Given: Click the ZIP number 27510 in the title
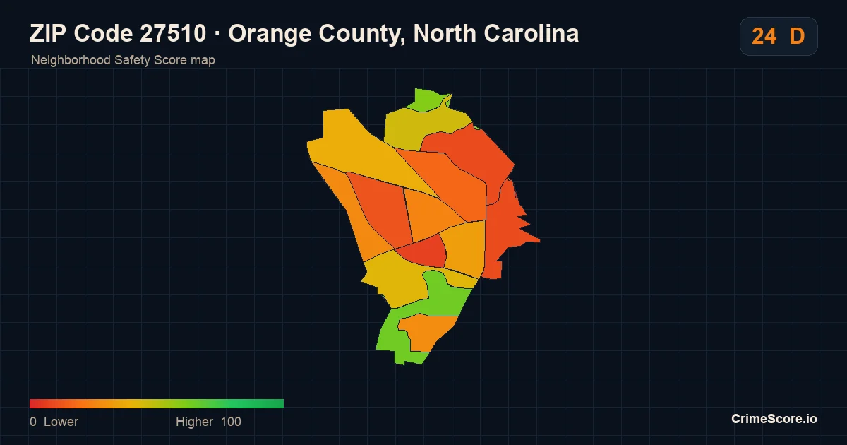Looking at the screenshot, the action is (173, 33).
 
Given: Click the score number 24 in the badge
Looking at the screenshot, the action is (764, 36).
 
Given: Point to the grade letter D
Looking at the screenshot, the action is (797, 36).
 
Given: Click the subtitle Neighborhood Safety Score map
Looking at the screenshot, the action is (123, 60).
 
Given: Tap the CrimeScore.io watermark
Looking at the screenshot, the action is (774, 419).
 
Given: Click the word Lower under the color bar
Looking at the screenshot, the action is (61, 422).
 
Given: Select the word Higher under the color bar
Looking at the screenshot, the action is (194, 422).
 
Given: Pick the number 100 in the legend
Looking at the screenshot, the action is (231, 422).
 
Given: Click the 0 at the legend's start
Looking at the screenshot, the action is (33, 422).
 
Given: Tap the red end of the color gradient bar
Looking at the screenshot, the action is (31, 403).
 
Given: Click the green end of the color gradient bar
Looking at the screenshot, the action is (282, 403).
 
